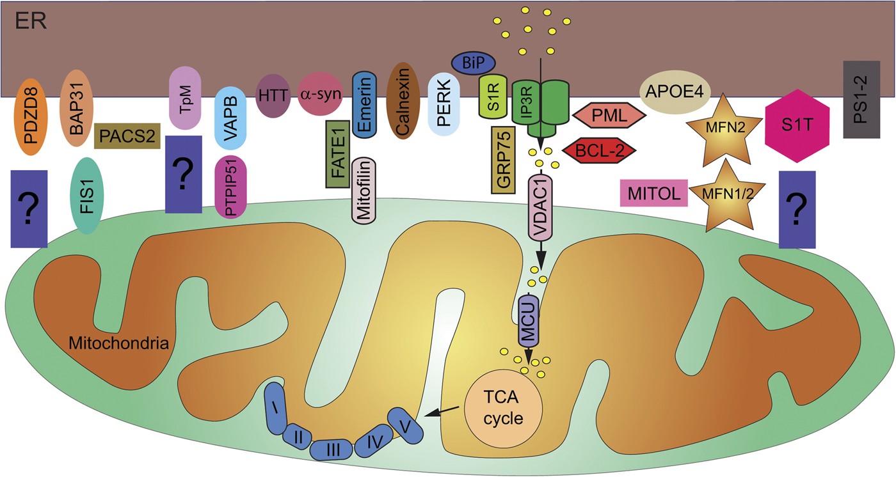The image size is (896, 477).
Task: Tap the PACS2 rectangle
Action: (126, 136)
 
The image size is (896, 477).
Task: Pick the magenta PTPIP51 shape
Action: (232, 187)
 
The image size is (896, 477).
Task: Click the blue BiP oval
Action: (474, 63)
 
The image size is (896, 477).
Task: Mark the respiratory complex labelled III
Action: (332, 450)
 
